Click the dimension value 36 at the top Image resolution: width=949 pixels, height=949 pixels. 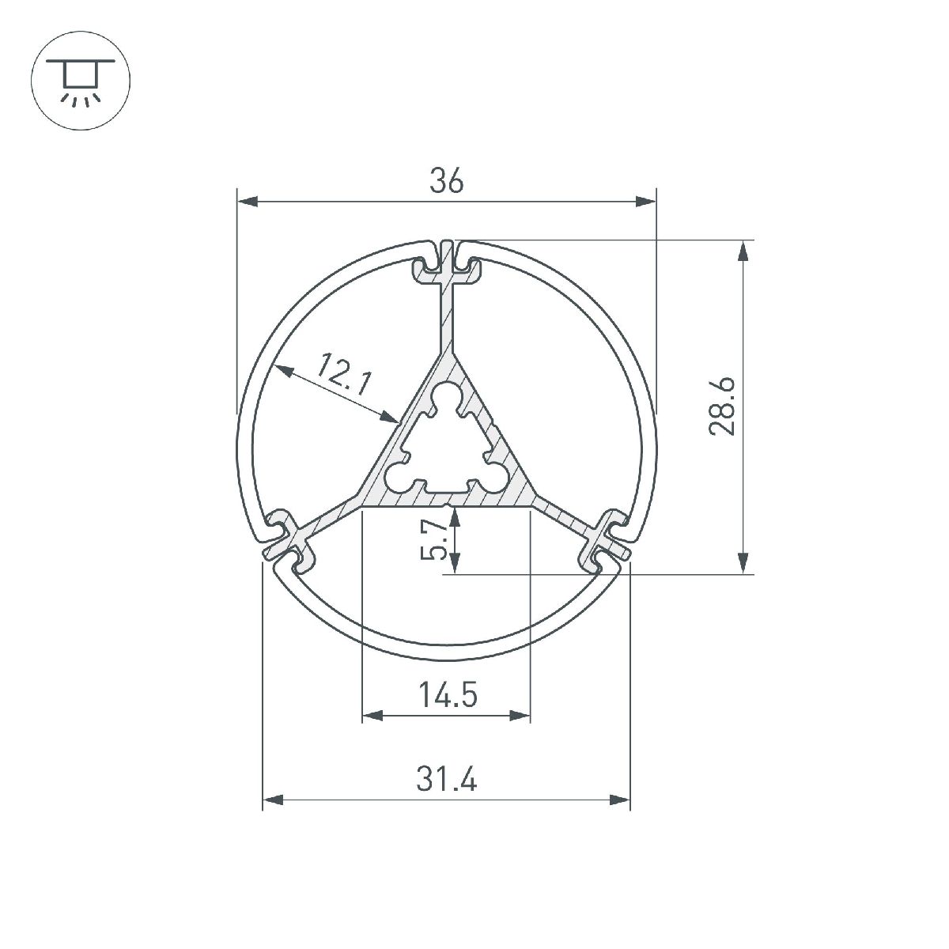446,182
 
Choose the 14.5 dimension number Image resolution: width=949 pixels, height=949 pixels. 448,696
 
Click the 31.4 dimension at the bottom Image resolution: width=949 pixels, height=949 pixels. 447,781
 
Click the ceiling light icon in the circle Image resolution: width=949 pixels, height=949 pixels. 80,80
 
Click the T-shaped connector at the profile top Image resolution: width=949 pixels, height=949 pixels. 448,269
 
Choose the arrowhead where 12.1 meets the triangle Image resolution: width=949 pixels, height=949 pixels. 391,417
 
